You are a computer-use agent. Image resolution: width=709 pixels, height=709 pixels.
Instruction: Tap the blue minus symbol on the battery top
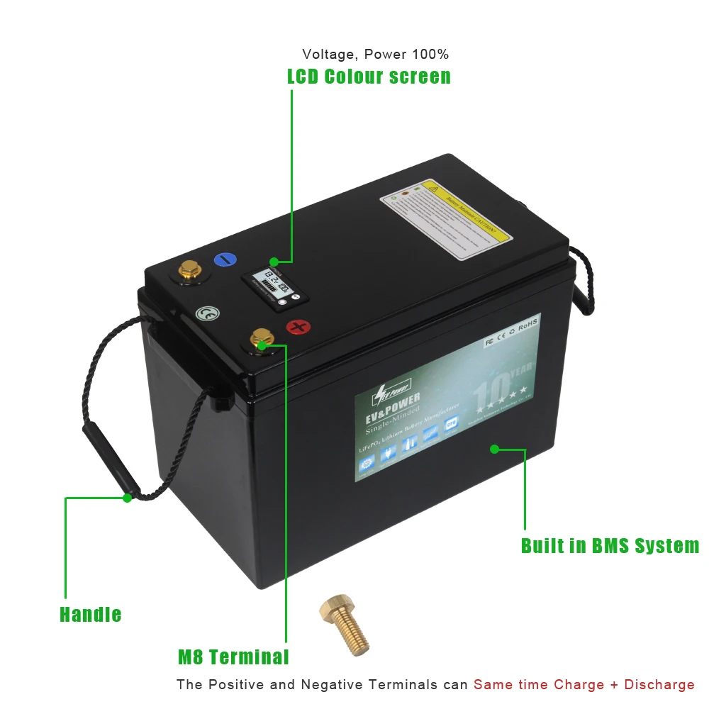point(223,259)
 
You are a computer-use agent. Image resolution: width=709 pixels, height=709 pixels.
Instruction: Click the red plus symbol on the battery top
point(298,327)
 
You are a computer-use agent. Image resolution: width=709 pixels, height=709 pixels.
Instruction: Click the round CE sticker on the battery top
point(206,313)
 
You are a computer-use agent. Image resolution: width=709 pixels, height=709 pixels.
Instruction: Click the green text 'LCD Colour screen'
point(369,77)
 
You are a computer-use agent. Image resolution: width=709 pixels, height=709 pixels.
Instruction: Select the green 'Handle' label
point(90,614)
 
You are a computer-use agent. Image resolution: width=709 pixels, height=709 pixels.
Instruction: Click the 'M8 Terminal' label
point(233,657)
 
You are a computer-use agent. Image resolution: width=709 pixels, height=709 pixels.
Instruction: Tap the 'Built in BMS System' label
point(610,545)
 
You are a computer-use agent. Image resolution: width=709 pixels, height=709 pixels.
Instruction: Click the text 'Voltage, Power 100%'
point(375,54)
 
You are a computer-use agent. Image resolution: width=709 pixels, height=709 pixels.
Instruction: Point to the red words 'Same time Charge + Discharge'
point(584,684)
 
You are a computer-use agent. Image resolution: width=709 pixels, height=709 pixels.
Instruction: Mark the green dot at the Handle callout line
point(127,498)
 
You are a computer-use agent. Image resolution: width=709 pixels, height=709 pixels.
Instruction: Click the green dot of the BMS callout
point(494,449)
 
